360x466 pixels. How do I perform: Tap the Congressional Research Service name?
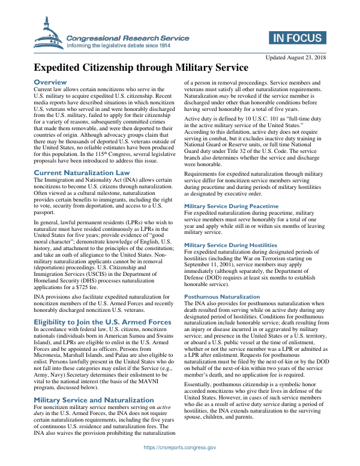click(x=128, y=38)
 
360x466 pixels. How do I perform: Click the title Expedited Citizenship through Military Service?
click(x=140, y=67)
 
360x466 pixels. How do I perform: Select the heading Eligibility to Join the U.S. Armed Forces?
click(x=102, y=321)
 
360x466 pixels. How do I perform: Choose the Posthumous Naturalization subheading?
click(x=222, y=297)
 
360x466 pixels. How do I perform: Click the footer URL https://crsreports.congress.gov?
click(x=179, y=447)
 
